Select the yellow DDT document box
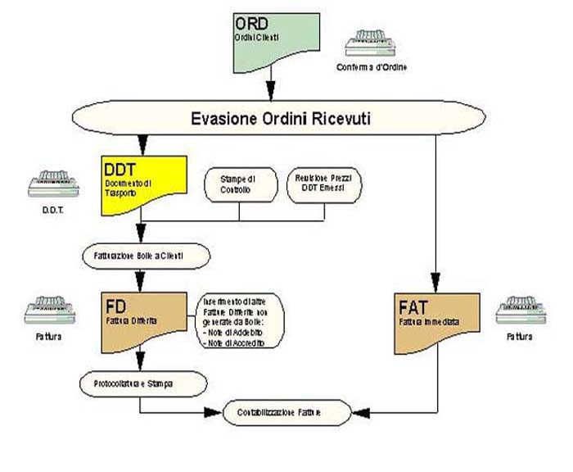(x=144, y=182)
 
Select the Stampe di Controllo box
(x=239, y=184)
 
